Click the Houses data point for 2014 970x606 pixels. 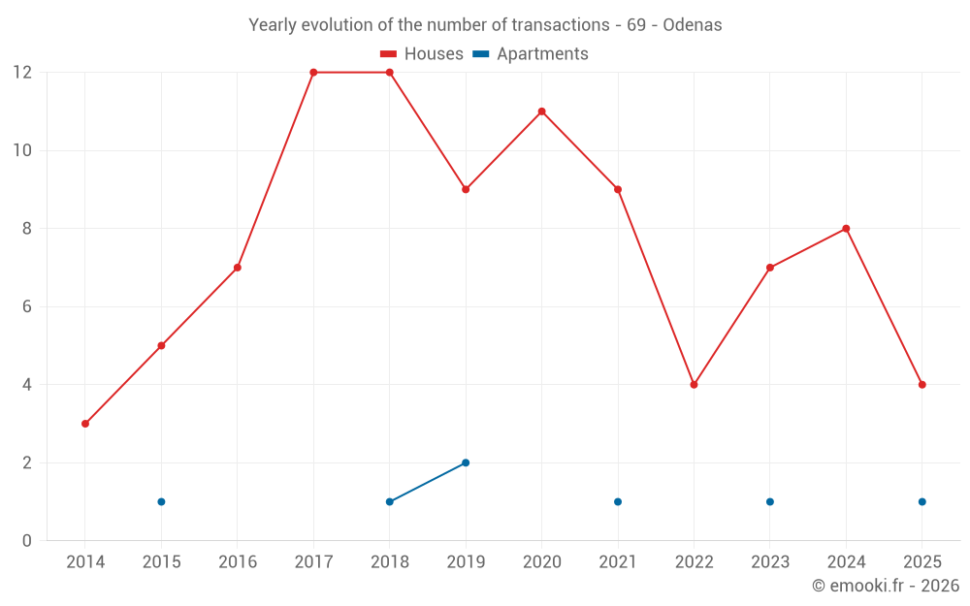click(85, 424)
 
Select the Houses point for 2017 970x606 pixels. click(313, 73)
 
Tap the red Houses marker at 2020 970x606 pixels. click(541, 112)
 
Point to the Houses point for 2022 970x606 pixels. click(694, 385)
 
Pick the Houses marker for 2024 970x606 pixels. click(846, 229)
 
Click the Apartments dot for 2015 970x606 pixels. click(161, 501)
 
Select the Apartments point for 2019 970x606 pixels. click(466, 462)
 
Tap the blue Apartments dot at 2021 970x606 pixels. click(618, 501)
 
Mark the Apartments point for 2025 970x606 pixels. click(921, 501)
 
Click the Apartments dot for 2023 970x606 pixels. click(770, 501)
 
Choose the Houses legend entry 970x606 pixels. click(422, 54)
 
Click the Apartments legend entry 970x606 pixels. click(531, 54)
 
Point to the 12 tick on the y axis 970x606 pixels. click(21, 73)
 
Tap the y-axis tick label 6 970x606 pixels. click(27, 306)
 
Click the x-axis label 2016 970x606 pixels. click(238, 562)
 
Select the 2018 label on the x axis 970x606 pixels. click(390, 562)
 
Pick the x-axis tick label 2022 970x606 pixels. click(694, 562)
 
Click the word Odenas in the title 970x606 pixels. click(692, 25)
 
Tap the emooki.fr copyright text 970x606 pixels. click(885, 586)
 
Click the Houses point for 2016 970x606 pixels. click(238, 268)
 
